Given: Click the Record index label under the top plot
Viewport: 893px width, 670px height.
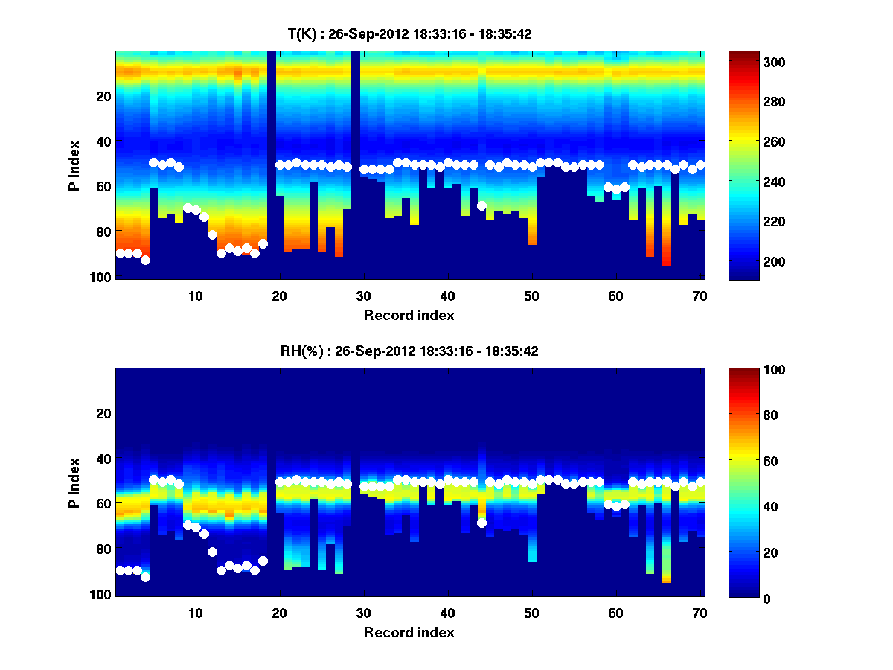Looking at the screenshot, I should click(x=409, y=315).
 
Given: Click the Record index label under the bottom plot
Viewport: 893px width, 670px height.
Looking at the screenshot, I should click(x=409, y=632).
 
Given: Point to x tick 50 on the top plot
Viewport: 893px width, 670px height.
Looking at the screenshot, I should click(x=531, y=296).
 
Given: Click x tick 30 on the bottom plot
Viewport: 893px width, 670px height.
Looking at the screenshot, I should click(x=363, y=613).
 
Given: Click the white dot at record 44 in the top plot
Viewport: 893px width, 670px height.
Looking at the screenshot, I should click(x=481, y=205).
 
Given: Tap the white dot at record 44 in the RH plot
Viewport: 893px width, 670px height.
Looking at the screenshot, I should click(x=481, y=523).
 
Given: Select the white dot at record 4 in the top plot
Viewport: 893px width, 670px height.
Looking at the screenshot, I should click(x=145, y=260).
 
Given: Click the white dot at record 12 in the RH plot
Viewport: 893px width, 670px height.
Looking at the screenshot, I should click(x=212, y=552).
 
